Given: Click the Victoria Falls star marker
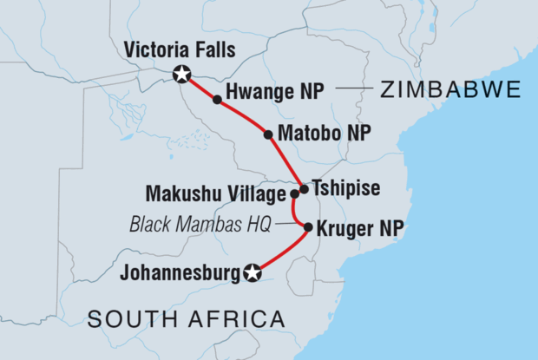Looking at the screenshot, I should [181, 75].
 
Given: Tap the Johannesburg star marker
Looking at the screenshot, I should [253, 273].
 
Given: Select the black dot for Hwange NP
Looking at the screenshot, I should [217, 101].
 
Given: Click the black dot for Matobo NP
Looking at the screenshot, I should [268, 134].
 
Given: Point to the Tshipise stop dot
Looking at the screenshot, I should [304, 188].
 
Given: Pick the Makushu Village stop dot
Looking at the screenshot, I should [294, 194].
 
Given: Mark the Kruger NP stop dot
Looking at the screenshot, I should [308, 228].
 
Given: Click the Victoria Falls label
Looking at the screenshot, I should [180, 49].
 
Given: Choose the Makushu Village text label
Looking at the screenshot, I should [227, 193].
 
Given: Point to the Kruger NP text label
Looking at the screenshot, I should [355, 230].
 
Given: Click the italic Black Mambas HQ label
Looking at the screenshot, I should [199, 224].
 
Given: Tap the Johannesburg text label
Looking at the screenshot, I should [179, 274].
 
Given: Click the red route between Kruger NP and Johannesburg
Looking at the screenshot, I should [282, 252].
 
